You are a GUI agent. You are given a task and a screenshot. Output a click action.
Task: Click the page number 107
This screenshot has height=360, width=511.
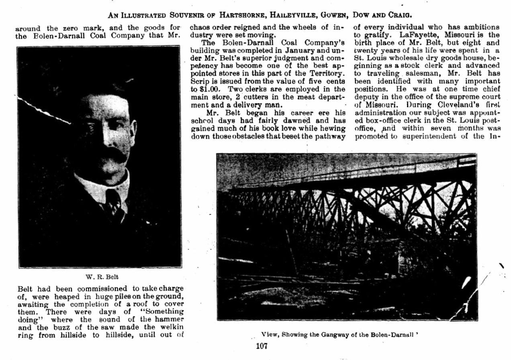tap(262, 346)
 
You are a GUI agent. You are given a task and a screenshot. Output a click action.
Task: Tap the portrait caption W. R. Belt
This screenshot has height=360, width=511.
tap(102, 277)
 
